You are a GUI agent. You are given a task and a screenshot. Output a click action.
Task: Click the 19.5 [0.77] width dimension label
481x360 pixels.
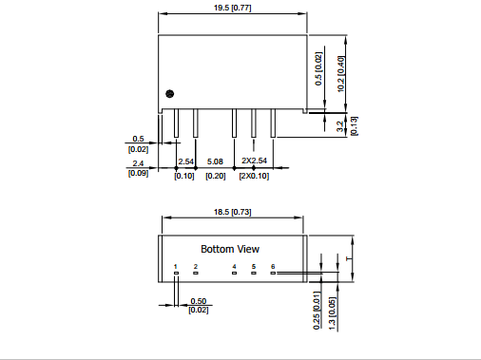pos(233,8)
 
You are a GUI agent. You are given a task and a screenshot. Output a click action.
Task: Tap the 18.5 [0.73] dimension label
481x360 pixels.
pos(233,212)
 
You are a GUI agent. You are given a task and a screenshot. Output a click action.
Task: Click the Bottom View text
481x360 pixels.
pos(230,249)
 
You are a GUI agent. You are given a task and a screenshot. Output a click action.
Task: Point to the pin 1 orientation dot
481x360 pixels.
pos(170,94)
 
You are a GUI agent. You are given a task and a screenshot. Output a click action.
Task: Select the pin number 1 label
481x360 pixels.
pos(176,267)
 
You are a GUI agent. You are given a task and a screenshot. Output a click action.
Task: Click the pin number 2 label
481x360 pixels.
pos(196,267)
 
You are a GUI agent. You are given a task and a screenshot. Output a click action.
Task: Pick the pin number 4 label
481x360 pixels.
pos(234,267)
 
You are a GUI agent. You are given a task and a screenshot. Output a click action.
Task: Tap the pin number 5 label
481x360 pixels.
pos(254,267)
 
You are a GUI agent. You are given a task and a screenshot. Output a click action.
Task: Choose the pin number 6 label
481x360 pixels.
pos(273,267)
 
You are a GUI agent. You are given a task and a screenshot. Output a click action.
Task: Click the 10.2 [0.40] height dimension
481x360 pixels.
pos(341,74)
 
